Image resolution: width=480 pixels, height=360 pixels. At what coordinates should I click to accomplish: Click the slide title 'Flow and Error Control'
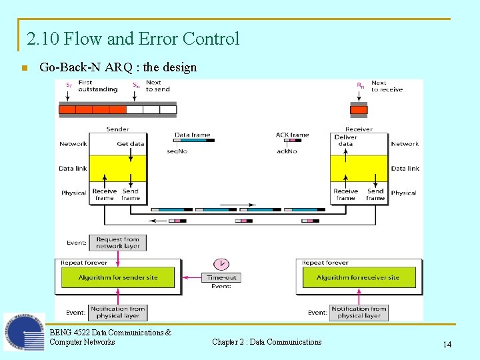pyautogui.click(x=133, y=39)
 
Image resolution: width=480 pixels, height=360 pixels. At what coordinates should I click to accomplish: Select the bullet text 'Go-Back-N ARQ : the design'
pyautogui.click(x=118, y=67)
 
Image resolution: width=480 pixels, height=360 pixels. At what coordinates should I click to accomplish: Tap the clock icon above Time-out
pyautogui.click(x=221, y=263)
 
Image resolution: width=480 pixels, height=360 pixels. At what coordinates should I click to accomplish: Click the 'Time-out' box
pyautogui.click(x=221, y=277)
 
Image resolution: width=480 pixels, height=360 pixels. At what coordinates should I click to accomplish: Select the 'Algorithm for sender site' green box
pyautogui.click(x=118, y=277)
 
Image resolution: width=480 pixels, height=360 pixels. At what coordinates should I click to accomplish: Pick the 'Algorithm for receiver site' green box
pyautogui.click(x=358, y=277)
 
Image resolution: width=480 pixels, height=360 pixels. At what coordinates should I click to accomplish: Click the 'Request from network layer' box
pyautogui.click(x=118, y=243)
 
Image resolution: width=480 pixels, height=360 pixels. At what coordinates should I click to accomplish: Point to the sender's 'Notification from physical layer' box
pyautogui.click(x=118, y=312)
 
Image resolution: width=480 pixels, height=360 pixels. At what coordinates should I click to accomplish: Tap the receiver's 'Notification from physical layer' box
pyautogui.click(x=359, y=312)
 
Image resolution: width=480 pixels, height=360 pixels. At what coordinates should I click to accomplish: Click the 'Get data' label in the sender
pyautogui.click(x=131, y=143)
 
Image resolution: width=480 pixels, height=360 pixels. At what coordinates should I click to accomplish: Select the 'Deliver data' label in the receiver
pyautogui.click(x=345, y=140)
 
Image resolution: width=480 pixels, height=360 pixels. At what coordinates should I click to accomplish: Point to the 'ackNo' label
pyautogui.click(x=287, y=151)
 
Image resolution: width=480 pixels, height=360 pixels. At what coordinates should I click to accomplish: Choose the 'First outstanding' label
pyautogui.click(x=97, y=86)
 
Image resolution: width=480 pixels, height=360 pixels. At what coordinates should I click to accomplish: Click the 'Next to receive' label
pyautogui.click(x=387, y=86)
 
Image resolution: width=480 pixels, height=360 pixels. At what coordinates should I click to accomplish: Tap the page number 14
pyautogui.click(x=447, y=344)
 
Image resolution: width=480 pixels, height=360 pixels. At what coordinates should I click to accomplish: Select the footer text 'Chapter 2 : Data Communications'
pyautogui.click(x=267, y=342)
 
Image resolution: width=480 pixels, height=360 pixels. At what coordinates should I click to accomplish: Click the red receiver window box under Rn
pyautogui.click(x=359, y=109)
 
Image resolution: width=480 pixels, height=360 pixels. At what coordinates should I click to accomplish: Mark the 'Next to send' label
pyautogui.click(x=158, y=86)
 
